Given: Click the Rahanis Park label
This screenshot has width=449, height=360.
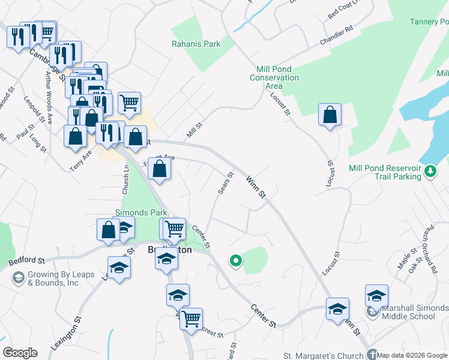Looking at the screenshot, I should (196, 44).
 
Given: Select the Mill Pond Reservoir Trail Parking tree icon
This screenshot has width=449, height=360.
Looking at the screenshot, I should (430, 172).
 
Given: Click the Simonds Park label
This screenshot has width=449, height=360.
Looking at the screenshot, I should (140, 213).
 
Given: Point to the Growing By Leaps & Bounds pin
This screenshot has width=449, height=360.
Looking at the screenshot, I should (18, 278).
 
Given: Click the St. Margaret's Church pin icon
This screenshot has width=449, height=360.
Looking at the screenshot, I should (373, 355).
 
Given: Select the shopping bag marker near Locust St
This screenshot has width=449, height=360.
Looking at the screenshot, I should (330, 115).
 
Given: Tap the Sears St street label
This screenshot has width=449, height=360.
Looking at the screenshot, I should (225, 184).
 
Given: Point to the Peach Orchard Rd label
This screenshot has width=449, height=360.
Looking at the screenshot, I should (430, 246).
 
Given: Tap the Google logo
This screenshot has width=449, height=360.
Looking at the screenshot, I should (19, 353).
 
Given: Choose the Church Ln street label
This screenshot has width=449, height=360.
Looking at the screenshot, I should (126, 179).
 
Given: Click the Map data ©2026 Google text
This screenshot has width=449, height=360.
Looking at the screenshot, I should (412, 356).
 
